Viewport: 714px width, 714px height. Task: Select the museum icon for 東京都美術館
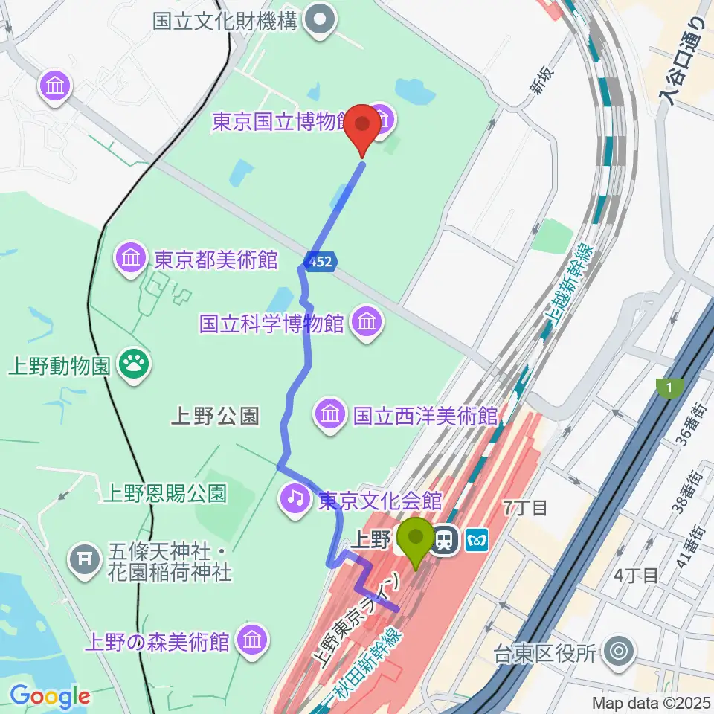point(131,260)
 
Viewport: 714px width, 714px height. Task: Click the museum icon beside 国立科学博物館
point(366,323)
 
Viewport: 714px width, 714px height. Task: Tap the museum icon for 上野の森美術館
point(253,640)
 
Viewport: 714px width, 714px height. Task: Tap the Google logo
point(49,697)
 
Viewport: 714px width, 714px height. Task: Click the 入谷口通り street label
point(683,61)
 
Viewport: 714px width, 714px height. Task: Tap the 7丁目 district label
point(525,508)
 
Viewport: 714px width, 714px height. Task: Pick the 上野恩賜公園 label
point(165,492)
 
